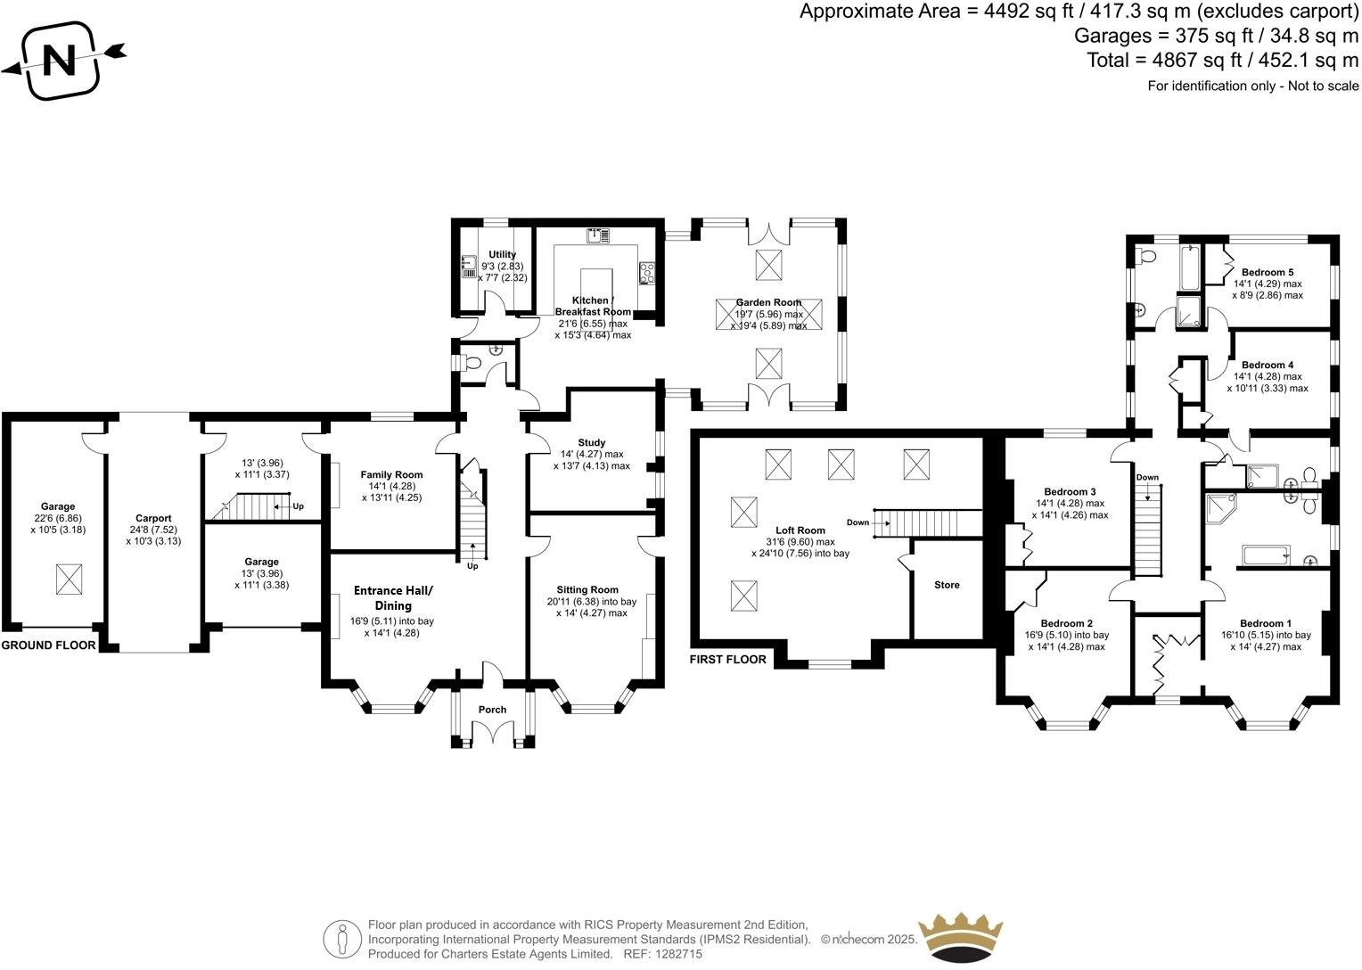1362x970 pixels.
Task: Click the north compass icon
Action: [x=61, y=61]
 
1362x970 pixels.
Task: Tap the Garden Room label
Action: [x=768, y=302]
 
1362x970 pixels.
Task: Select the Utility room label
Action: [x=502, y=255]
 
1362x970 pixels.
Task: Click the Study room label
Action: [x=591, y=442]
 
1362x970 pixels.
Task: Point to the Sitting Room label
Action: [x=587, y=589]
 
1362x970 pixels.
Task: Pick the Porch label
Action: [x=492, y=710]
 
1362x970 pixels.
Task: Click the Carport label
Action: [x=153, y=518]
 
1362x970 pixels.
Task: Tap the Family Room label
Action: [x=391, y=474]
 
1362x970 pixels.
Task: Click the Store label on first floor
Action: [x=947, y=585]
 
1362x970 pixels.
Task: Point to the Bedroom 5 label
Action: [x=1267, y=272]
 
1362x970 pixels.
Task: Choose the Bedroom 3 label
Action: [x=1070, y=491]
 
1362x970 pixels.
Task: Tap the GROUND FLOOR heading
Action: [x=48, y=645]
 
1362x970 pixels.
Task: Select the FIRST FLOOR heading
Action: [x=727, y=660]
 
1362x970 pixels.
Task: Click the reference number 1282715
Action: [x=680, y=954]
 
